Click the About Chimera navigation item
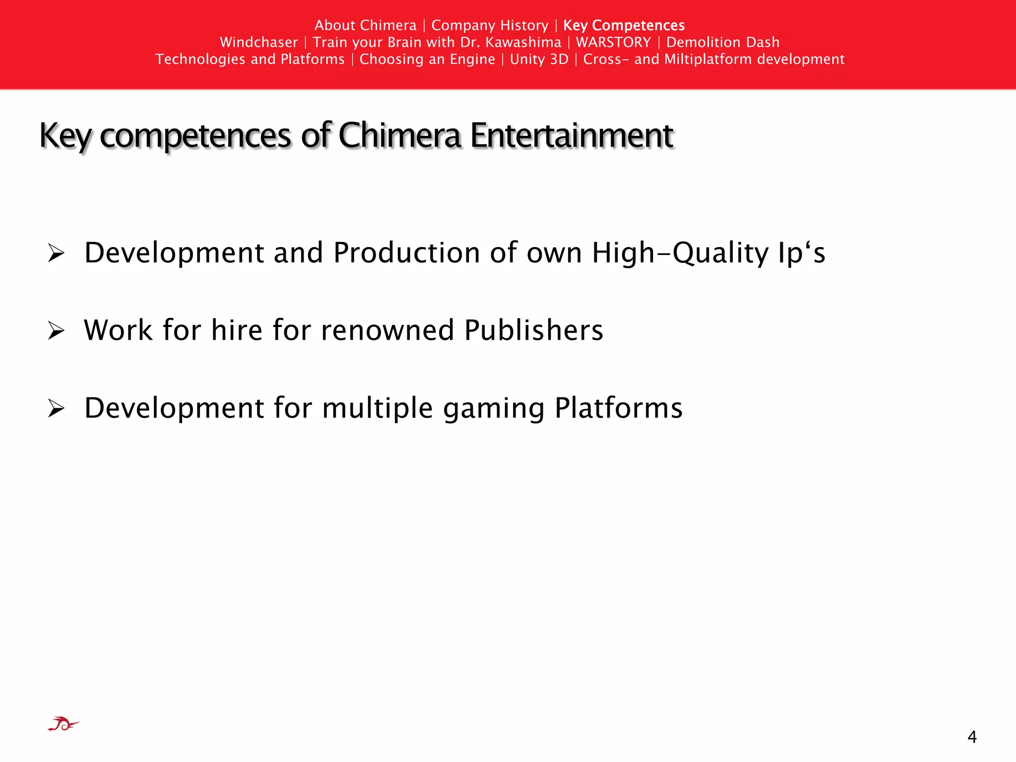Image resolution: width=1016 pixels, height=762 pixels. pos(365,25)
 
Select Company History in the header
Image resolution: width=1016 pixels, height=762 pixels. pos(490,25)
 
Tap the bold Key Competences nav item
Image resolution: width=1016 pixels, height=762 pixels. pos(624,25)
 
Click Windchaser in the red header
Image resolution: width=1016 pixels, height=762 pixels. pos(259,42)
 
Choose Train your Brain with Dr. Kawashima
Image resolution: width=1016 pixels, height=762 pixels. pos(437,42)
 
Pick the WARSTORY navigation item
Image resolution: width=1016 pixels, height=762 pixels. pos(613,42)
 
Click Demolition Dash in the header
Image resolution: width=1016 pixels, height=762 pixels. pos(722,42)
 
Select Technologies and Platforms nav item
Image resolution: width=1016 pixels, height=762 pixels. pos(250,59)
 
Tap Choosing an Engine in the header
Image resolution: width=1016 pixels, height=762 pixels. pos(427,59)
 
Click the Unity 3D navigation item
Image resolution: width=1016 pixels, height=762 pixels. pos(539,59)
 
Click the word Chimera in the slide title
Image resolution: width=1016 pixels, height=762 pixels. pos(399,135)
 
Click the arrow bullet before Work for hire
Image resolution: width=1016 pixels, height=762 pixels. pos(57,330)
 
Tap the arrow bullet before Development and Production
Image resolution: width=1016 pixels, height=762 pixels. pos(57,253)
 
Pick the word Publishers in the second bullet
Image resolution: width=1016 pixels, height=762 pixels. pos(534,330)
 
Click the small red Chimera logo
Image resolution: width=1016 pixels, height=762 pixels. pos(63,724)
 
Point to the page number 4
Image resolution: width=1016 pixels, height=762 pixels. pos(972,737)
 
